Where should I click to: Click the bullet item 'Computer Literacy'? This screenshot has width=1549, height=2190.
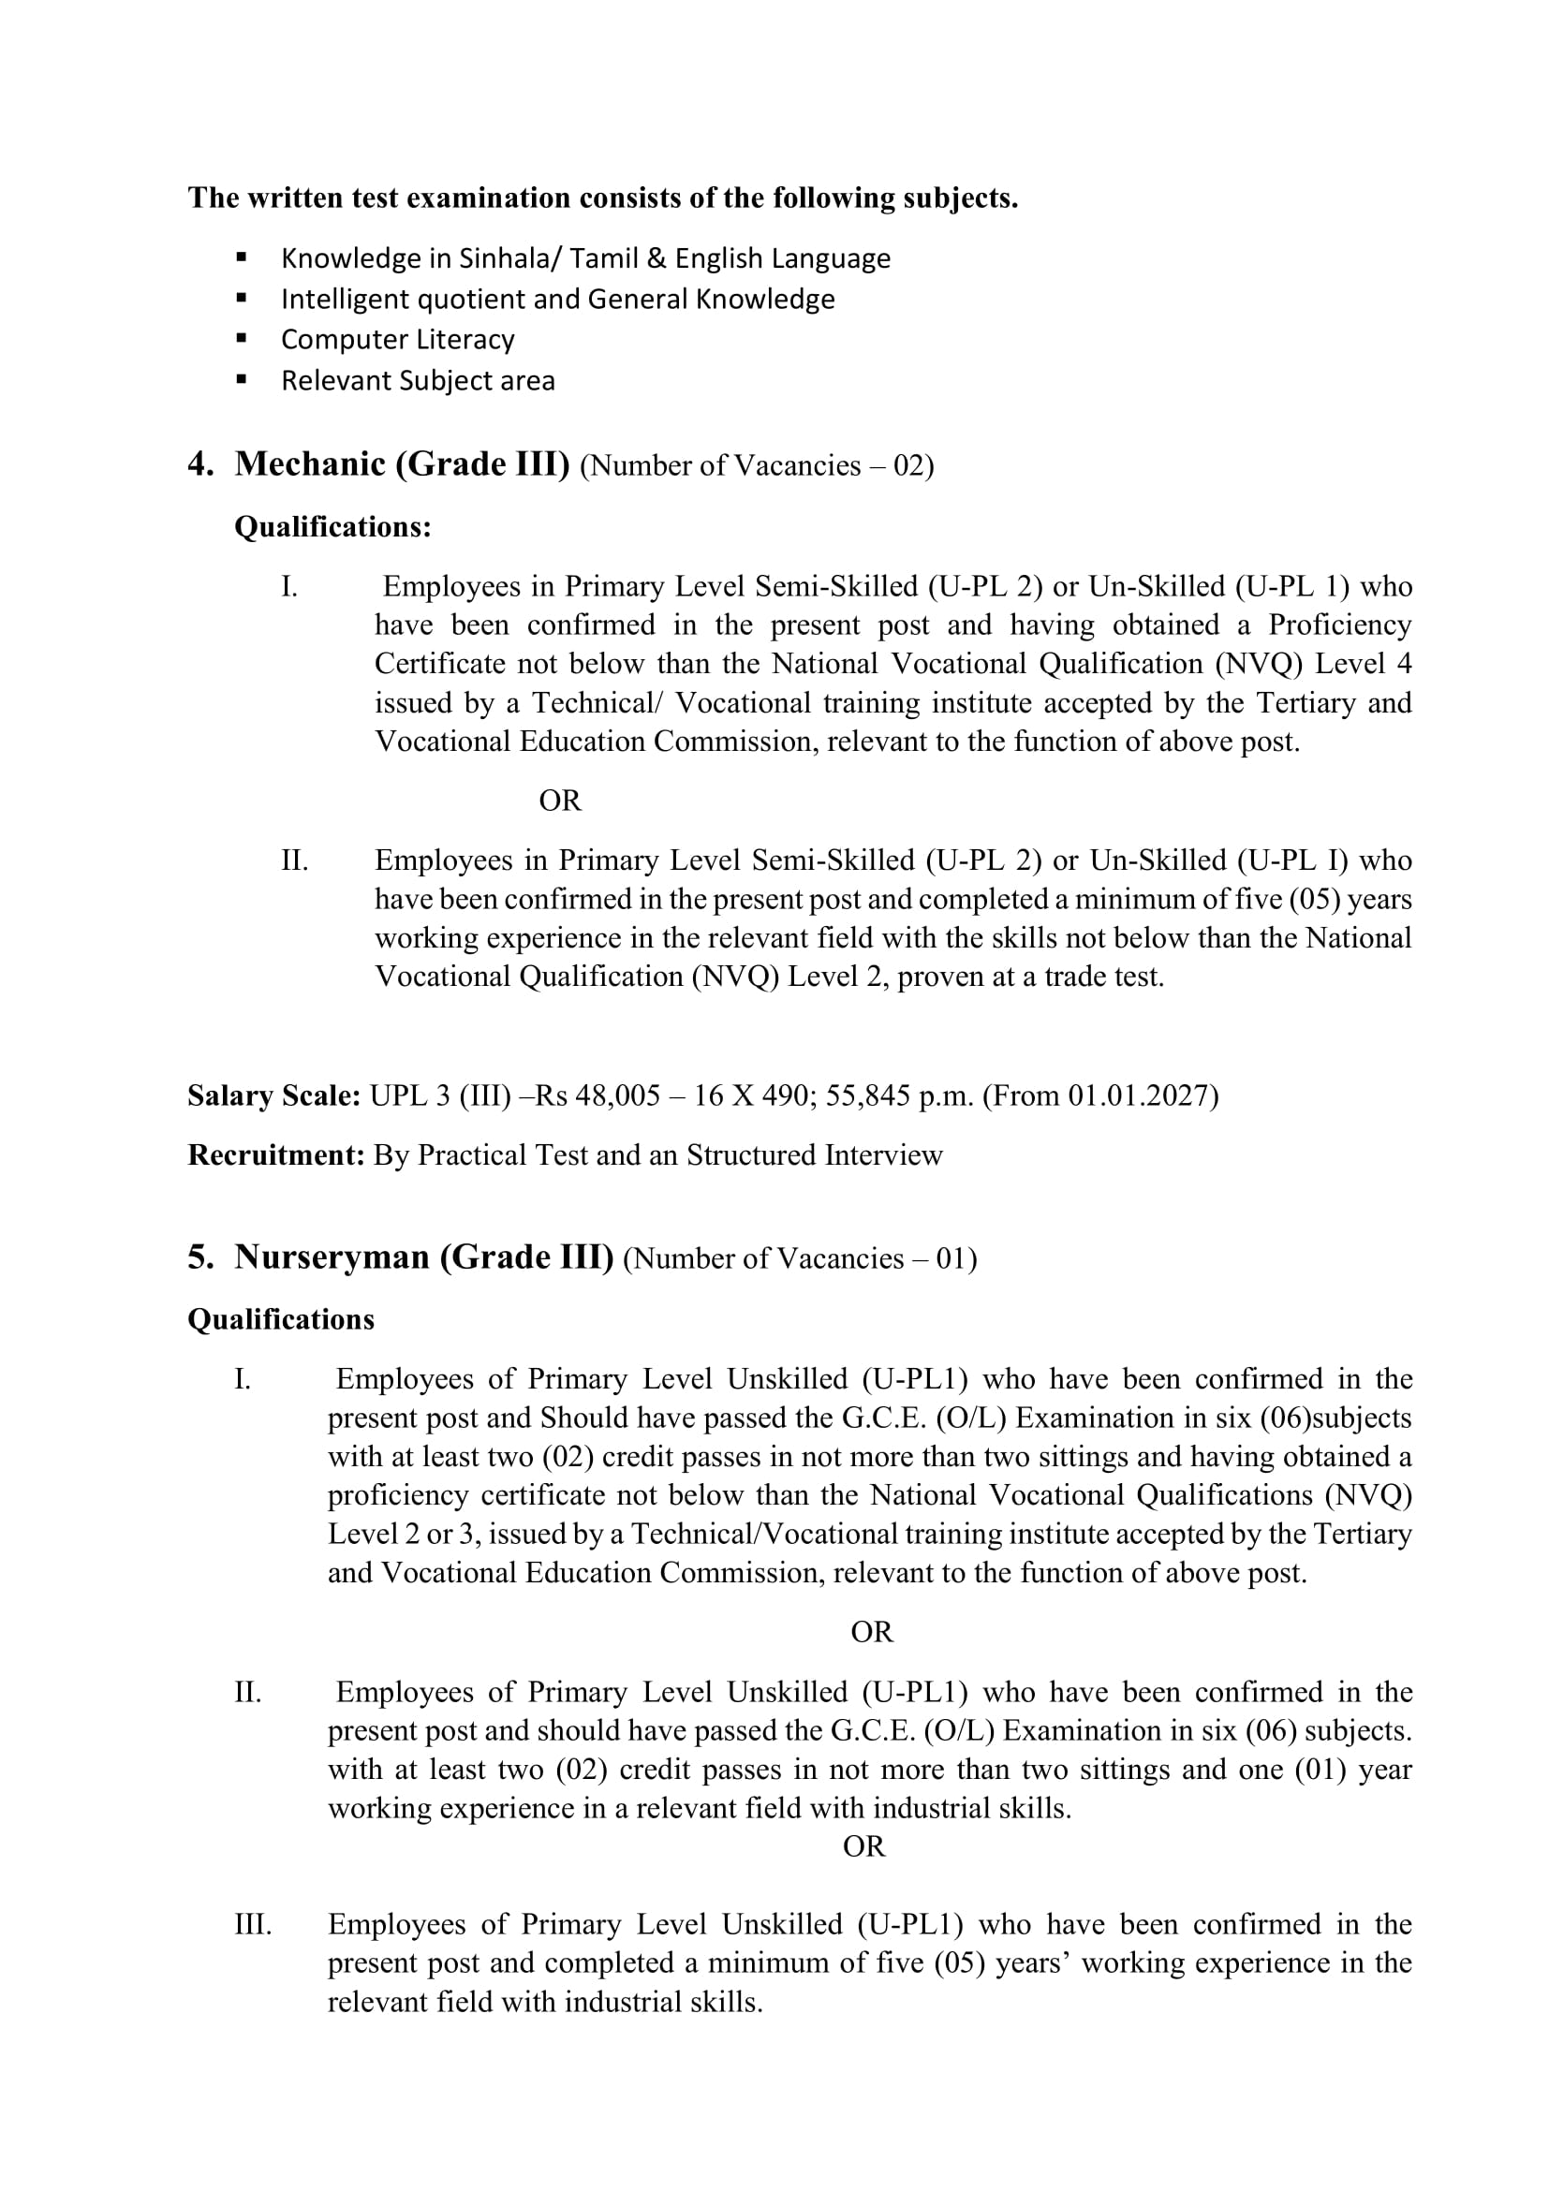397,340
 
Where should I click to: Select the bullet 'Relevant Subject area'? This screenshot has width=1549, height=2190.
417,380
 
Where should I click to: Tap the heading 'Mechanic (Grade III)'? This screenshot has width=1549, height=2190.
402,464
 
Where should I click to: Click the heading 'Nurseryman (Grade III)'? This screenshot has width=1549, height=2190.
423,1257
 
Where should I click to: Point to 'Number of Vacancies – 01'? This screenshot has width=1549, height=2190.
799,1259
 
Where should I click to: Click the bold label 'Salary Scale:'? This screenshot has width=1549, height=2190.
273,1095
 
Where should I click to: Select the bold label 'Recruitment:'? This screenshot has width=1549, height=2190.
275,1155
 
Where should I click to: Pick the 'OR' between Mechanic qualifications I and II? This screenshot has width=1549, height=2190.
560,801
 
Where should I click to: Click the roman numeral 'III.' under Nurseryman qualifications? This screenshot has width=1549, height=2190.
253,1924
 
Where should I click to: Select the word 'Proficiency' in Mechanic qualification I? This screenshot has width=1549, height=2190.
1339,625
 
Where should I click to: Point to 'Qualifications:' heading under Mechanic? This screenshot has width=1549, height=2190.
332,526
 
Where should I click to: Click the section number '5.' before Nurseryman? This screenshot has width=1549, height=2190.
200,1258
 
